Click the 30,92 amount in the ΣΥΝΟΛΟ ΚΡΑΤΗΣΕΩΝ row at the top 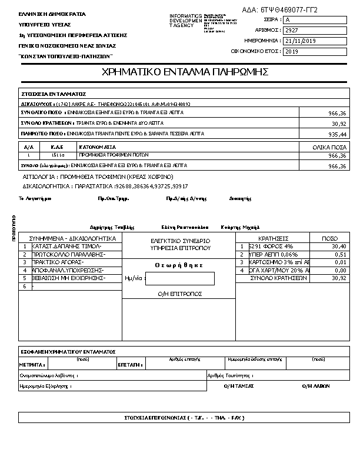338,124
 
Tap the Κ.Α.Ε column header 57,147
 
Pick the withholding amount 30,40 338,247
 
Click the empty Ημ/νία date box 179,278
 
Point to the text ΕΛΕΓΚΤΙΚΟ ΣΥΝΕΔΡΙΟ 181,241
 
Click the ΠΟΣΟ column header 330,238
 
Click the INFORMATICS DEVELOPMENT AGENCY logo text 185,21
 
